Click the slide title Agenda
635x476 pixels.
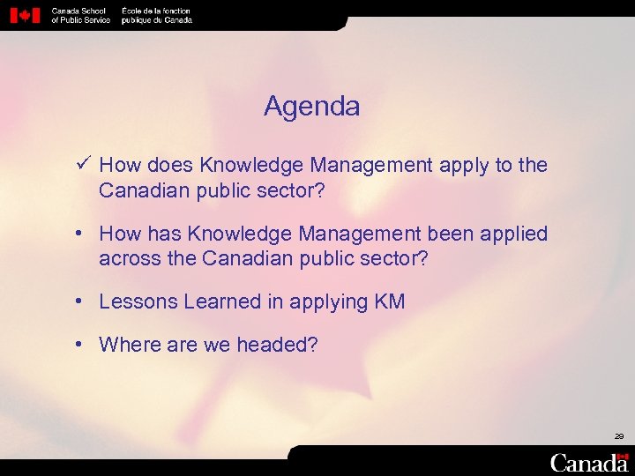pos(311,107)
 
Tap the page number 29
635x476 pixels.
pos(619,436)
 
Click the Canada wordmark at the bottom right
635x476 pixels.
pos(589,462)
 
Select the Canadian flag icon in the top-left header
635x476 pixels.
pos(26,15)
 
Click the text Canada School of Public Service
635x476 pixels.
pos(80,15)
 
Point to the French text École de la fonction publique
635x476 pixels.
pos(156,15)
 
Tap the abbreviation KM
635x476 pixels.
pos(389,301)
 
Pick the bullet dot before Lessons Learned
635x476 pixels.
pos(79,301)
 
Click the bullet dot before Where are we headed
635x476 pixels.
pos(79,344)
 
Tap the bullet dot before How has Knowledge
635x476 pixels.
pos(79,234)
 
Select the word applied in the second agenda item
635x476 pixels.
pos(514,234)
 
